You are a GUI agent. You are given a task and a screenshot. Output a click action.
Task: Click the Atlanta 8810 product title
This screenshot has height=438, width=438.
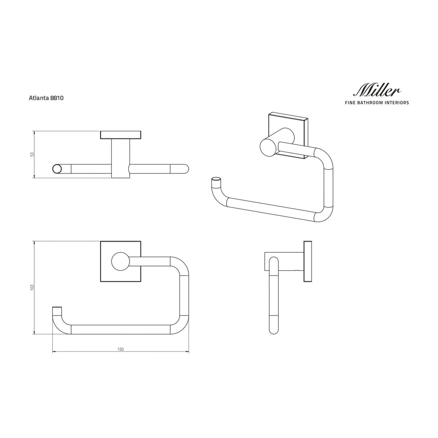46,98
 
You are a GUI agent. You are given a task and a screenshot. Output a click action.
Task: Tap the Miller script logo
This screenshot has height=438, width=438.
377,90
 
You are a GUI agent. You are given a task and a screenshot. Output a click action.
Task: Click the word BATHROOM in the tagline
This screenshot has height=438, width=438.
373,103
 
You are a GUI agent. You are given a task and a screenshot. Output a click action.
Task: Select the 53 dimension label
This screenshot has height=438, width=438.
32,154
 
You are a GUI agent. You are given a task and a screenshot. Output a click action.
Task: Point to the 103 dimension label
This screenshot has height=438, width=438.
32,288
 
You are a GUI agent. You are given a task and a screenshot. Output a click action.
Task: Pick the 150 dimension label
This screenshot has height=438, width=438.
121,349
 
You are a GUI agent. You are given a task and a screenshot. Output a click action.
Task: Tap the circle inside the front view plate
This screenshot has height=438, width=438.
120,262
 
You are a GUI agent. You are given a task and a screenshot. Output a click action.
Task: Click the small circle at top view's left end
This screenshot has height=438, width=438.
57,169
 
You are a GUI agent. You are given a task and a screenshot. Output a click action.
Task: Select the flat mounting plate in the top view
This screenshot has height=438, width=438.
121,135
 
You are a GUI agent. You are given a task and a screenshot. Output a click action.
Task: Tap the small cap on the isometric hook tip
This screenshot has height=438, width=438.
215,179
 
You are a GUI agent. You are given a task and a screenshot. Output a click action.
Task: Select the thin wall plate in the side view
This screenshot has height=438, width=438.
307,261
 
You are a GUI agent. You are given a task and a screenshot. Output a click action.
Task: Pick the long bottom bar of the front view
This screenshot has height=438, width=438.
121,330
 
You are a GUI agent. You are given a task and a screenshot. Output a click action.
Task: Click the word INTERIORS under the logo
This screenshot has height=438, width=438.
396,103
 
